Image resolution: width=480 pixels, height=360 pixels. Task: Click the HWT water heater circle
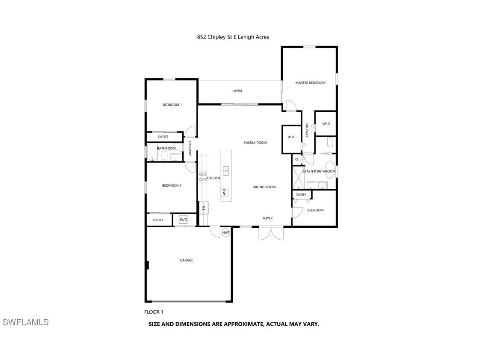click(x=226, y=232)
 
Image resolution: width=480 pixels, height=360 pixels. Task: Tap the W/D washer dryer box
click(x=184, y=220)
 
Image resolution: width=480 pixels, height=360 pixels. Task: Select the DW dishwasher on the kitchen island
click(x=224, y=192)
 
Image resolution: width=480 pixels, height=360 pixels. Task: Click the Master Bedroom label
click(x=310, y=83)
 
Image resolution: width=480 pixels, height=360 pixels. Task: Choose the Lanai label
click(x=237, y=90)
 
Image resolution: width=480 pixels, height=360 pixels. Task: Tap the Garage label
click(x=186, y=260)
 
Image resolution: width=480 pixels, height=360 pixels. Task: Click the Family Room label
click(x=255, y=143)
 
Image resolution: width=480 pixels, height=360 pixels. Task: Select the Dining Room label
click(x=264, y=187)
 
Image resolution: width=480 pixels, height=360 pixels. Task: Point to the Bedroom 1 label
click(x=172, y=104)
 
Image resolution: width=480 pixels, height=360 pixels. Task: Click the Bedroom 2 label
click(x=172, y=185)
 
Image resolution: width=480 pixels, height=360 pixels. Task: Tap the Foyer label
click(x=267, y=218)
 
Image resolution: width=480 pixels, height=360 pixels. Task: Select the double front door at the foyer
click(x=271, y=233)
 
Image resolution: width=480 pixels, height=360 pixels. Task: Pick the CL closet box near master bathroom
click(x=296, y=159)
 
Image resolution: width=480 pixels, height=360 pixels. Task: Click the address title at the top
click(x=233, y=37)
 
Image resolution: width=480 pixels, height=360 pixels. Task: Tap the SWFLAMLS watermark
click(x=26, y=322)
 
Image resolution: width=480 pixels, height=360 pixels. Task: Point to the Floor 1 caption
click(x=154, y=312)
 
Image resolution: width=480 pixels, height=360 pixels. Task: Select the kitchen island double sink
click(x=225, y=170)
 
